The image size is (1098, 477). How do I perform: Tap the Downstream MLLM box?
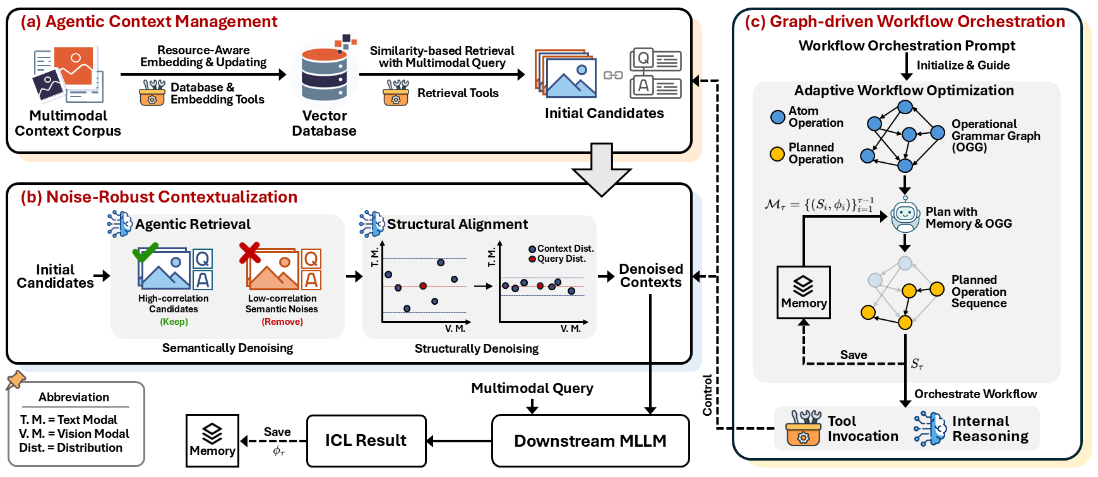(590, 440)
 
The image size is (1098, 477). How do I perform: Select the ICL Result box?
(366, 440)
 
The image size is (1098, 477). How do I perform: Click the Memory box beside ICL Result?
(212, 440)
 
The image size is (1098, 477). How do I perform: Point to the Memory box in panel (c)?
(803, 293)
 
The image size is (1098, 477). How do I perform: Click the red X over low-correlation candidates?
(249, 252)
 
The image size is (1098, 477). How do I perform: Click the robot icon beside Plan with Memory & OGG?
(905, 216)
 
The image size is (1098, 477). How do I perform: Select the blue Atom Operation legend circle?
(778, 117)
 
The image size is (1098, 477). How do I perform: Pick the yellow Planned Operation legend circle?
(777, 153)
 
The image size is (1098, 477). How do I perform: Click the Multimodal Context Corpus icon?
(68, 74)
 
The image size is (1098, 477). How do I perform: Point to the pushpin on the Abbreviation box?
(15, 380)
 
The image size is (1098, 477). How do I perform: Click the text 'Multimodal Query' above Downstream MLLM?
(532, 388)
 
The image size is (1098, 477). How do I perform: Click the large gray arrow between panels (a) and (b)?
(601, 170)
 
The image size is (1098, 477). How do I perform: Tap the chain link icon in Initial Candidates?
(612, 75)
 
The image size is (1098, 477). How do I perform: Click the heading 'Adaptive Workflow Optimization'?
(904, 90)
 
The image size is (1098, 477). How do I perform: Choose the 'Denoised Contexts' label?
(650, 276)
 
